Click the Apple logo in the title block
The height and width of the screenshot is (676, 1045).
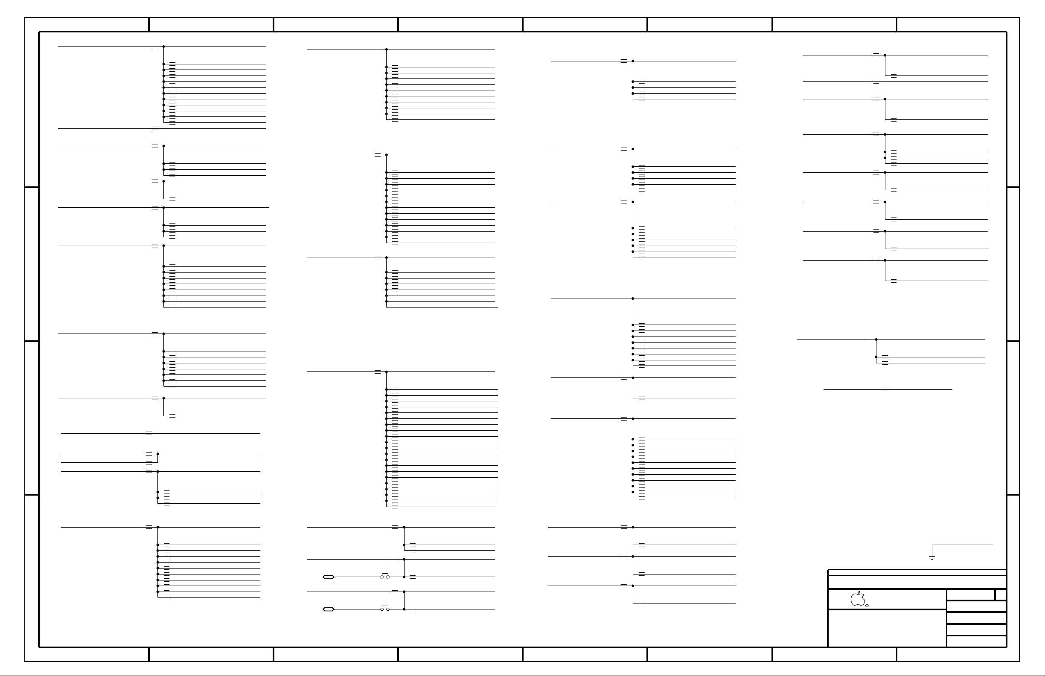tap(858, 600)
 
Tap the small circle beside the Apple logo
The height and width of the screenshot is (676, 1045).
tap(867, 606)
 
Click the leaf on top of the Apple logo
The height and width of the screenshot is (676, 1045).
tap(859, 592)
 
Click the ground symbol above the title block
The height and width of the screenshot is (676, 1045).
tap(932, 557)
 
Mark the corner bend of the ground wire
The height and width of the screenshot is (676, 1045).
tap(932, 545)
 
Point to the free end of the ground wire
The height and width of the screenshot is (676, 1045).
tap(993, 545)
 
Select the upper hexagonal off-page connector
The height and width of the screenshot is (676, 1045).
tap(329, 577)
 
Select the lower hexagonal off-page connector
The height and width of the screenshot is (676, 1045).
tap(329, 609)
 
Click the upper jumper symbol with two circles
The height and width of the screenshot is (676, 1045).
tap(384, 576)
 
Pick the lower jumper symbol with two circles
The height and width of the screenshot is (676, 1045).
tap(384, 608)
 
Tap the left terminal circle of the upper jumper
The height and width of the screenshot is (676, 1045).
tap(382, 577)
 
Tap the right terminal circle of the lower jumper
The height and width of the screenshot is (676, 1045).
tap(388, 609)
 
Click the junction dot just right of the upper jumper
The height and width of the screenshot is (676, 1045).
tap(404, 577)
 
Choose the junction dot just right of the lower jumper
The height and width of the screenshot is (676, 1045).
tap(404, 609)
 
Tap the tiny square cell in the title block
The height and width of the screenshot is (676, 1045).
tap(1000, 595)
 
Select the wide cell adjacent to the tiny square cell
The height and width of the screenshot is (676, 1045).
tap(970, 595)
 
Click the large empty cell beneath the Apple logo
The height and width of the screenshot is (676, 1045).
tap(887, 628)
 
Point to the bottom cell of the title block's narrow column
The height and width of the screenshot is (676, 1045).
tap(976, 641)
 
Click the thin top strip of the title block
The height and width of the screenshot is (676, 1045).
tap(917, 573)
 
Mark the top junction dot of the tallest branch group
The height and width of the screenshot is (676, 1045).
tap(387, 372)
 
